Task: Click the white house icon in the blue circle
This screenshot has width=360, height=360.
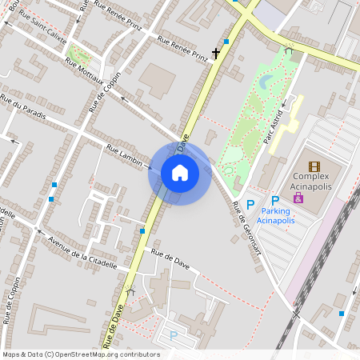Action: pyautogui.click(x=179, y=173)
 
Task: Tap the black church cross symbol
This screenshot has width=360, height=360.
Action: pyautogui.click(x=215, y=54)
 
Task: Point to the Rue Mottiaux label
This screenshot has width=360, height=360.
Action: pyautogui.click(x=88, y=73)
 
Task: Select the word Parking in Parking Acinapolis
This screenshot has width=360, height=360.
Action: pyautogui.click(x=274, y=211)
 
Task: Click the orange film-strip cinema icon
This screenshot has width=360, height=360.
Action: pyautogui.click(x=314, y=166)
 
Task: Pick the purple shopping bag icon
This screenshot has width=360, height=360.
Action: pyautogui.click(x=298, y=198)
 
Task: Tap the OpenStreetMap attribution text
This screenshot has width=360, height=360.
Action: pyautogui.click(x=81, y=354)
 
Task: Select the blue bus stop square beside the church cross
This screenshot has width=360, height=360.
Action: pyautogui.click(x=226, y=41)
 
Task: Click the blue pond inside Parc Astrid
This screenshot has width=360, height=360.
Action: pyautogui.click(x=266, y=80)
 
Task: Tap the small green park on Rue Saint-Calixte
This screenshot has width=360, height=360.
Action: pyautogui.click(x=79, y=57)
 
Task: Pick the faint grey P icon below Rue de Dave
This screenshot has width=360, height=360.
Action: pyautogui.click(x=172, y=336)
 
